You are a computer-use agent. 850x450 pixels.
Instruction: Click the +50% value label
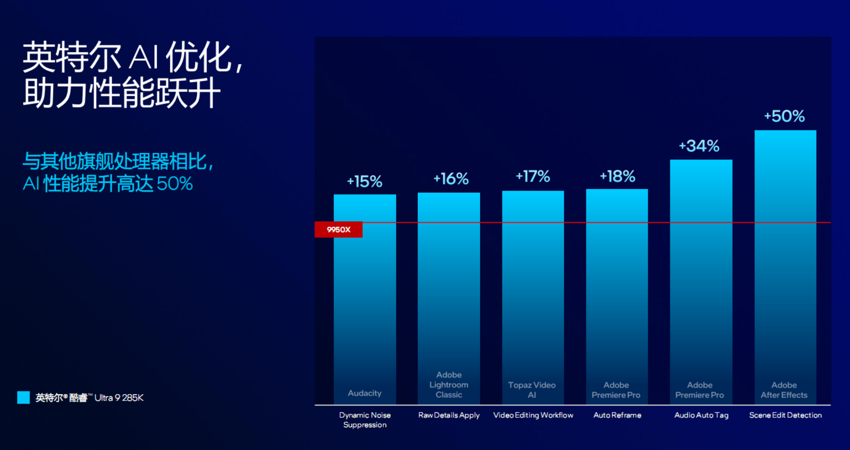point(784,116)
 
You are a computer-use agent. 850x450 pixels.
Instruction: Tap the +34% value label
point(699,146)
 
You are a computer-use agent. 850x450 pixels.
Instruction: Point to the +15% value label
point(364,181)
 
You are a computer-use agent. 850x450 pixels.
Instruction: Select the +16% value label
point(451,178)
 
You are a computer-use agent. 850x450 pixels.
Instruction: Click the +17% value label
point(533,176)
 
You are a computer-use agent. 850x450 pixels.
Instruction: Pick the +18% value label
point(617,176)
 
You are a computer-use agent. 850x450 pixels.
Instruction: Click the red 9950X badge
point(338,230)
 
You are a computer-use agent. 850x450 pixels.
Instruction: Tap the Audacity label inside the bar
point(364,393)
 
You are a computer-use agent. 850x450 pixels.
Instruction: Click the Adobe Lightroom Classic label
point(449,385)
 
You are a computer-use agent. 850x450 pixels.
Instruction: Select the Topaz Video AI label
point(532,390)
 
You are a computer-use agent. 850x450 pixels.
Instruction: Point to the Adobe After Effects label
point(784,390)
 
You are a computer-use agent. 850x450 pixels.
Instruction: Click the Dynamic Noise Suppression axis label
point(365,420)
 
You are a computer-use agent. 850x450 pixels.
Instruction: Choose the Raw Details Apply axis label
point(449,415)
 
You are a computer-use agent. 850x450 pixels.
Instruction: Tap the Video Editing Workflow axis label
point(533,415)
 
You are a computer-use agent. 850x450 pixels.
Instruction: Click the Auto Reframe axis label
point(617,415)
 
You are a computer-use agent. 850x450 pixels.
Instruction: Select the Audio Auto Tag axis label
point(701,415)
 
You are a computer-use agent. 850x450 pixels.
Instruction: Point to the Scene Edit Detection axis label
point(785,415)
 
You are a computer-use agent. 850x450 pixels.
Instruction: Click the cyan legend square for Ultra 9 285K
point(24,397)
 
